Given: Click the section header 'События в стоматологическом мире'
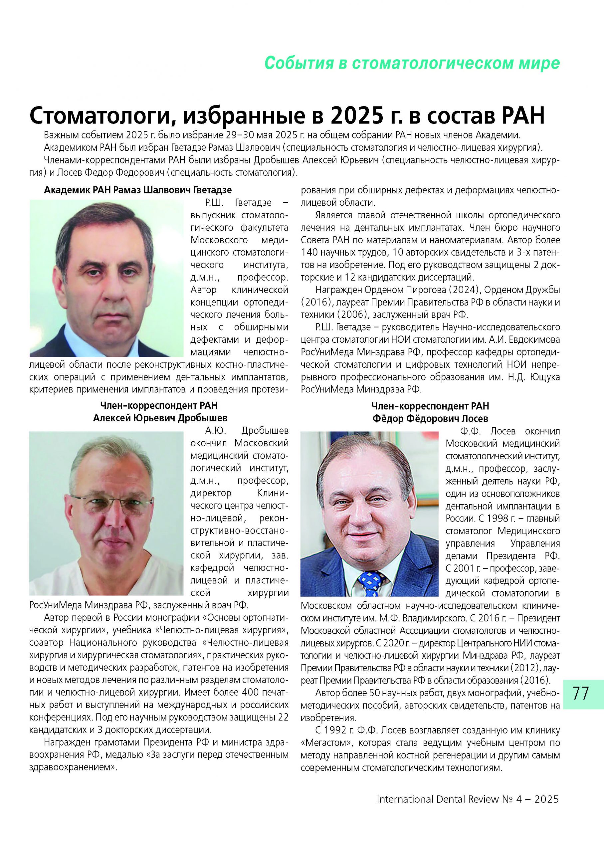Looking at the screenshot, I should click(x=412, y=63).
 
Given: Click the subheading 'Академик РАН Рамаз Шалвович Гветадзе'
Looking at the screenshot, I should click(x=138, y=190).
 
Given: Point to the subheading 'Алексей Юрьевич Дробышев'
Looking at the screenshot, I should click(x=160, y=418).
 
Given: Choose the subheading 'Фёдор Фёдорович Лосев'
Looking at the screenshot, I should click(x=430, y=418).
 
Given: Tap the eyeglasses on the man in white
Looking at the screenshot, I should click(x=111, y=506).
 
